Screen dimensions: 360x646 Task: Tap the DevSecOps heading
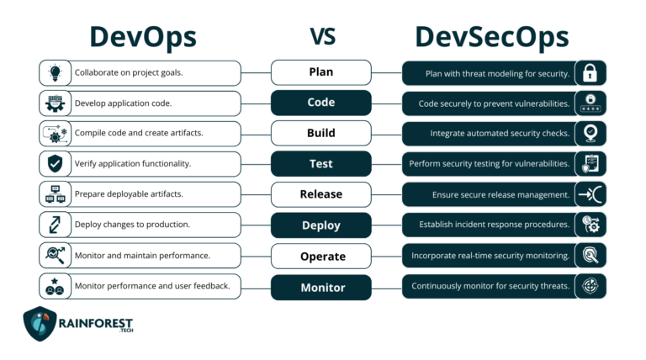492,38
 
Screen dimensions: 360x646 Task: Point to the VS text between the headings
323,37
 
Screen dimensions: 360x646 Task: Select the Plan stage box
320,72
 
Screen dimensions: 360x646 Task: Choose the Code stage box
320,103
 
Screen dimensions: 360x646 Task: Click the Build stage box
320,133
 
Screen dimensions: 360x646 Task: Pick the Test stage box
320,164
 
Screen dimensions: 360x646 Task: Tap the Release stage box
320,194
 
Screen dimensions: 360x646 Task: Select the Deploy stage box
320,225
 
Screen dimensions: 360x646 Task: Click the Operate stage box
320,256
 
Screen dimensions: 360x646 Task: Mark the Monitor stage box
320,287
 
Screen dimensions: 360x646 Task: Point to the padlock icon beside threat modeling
590,73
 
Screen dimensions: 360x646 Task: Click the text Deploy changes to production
132,225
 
